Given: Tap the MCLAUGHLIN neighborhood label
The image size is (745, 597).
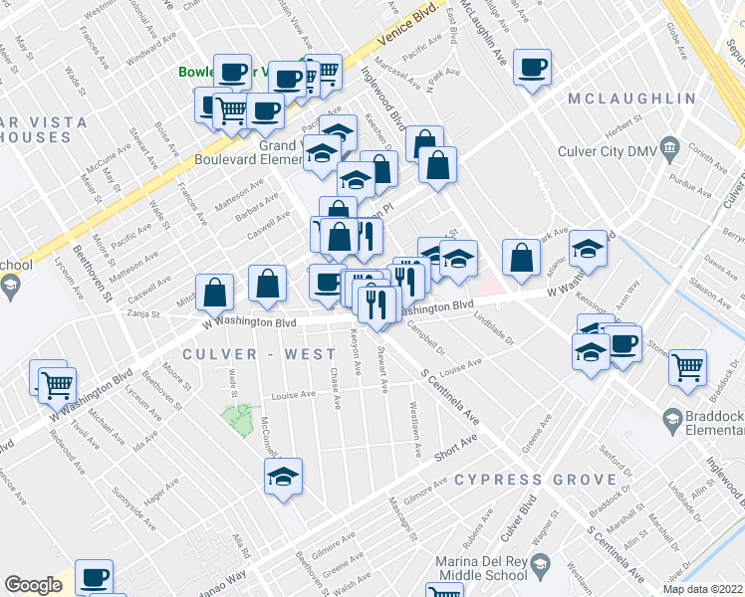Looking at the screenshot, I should pyautogui.click(x=631, y=99).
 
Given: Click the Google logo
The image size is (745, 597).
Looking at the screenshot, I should pyautogui.click(x=33, y=585).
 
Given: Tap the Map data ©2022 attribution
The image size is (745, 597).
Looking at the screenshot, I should pyautogui.click(x=702, y=589).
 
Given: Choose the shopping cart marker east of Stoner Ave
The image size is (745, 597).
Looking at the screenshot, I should pyautogui.click(x=688, y=367).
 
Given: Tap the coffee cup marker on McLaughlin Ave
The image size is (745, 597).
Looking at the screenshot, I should pyautogui.click(x=532, y=68).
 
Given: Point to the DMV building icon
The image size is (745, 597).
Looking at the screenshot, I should pyautogui.click(x=668, y=150).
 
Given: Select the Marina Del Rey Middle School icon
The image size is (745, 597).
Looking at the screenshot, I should pyautogui.click(x=540, y=567).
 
